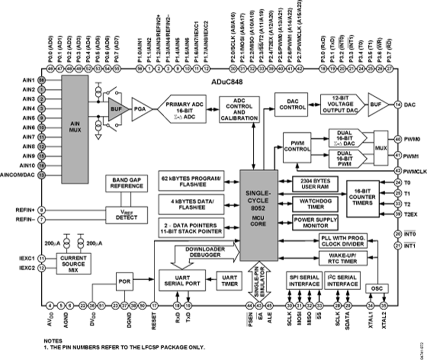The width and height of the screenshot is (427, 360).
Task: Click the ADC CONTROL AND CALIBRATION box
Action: pyautogui.click(x=240, y=109)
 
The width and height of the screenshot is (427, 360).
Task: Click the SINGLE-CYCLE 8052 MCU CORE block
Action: pyautogui.click(x=259, y=216)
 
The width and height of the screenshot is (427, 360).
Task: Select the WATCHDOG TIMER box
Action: pyautogui.click(x=315, y=204)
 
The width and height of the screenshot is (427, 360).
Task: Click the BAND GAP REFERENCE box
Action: pyautogui.click(x=124, y=183)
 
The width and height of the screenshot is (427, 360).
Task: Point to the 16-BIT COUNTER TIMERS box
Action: pyautogui.click(x=366, y=199)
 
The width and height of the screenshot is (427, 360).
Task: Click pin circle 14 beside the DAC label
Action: pyautogui.click(x=397, y=104)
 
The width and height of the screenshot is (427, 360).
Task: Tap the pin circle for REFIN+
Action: pyautogui.click(x=42, y=210)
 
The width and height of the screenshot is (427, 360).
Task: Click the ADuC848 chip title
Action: pyautogui.click(x=226, y=82)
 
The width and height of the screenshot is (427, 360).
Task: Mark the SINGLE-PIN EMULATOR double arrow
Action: pyautogui.click(x=259, y=281)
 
